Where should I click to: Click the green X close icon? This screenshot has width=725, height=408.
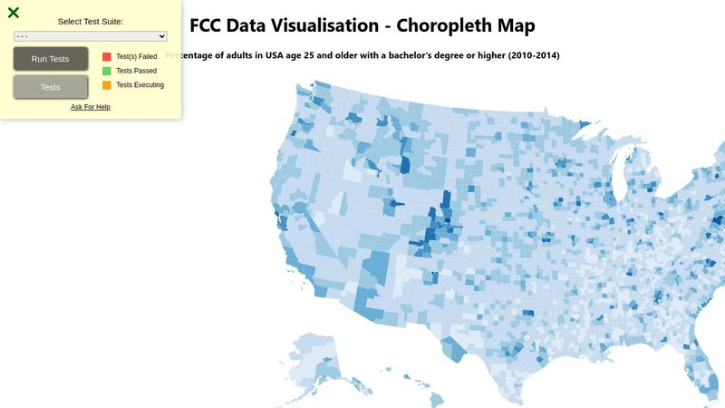click(x=14, y=13)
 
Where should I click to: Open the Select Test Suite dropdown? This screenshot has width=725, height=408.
click(x=91, y=36)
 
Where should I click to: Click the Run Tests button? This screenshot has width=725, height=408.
click(x=51, y=59)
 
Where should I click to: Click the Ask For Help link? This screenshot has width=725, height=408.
click(x=91, y=107)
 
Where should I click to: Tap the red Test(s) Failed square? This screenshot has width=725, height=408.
click(x=107, y=56)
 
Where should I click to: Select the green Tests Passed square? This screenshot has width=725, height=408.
click(x=107, y=71)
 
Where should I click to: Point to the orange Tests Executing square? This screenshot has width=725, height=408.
click(x=107, y=85)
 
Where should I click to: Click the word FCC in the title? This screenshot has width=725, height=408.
click(x=209, y=26)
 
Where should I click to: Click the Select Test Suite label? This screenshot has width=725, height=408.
click(x=91, y=21)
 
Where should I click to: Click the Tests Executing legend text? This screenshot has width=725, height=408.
click(x=140, y=85)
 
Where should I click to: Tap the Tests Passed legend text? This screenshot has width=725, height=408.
click(x=136, y=71)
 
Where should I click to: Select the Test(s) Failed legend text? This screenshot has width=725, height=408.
click(x=137, y=56)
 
